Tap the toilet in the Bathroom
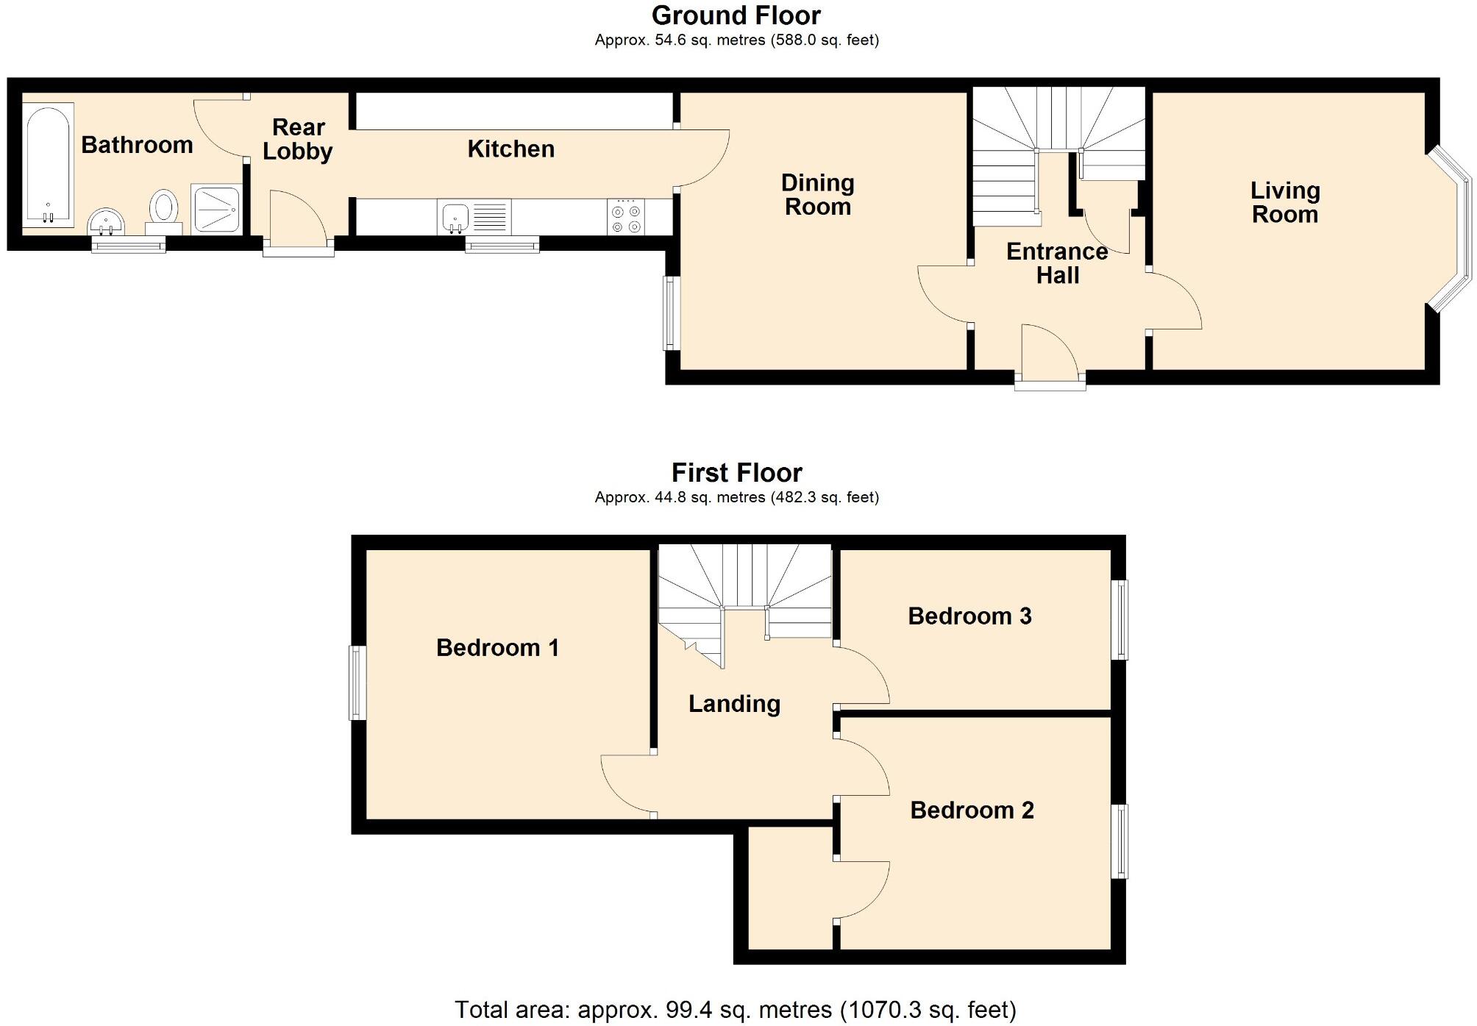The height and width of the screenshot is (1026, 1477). click(x=164, y=206)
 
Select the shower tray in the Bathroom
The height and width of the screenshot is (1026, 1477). click(x=216, y=209)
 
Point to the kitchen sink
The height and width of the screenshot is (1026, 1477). click(x=455, y=217)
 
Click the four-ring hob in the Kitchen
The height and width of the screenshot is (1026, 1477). click(x=626, y=218)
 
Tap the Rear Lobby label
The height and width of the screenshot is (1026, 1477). click(x=298, y=139)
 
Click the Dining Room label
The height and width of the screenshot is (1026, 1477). click(x=817, y=195)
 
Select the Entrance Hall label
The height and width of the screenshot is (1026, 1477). click(x=1057, y=263)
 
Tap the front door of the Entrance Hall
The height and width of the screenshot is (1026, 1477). click(x=1050, y=380)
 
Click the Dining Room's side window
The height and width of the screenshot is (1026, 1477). click(x=670, y=313)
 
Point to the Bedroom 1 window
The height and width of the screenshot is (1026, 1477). click(x=357, y=683)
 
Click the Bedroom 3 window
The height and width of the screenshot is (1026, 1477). click(x=1119, y=619)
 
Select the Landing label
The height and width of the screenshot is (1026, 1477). click(x=734, y=704)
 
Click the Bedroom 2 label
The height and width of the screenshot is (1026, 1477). click(x=972, y=811)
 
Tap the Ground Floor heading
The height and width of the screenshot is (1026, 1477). click(x=736, y=15)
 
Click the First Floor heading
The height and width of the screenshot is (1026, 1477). click(x=736, y=472)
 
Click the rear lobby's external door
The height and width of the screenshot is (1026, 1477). click(x=299, y=249)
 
